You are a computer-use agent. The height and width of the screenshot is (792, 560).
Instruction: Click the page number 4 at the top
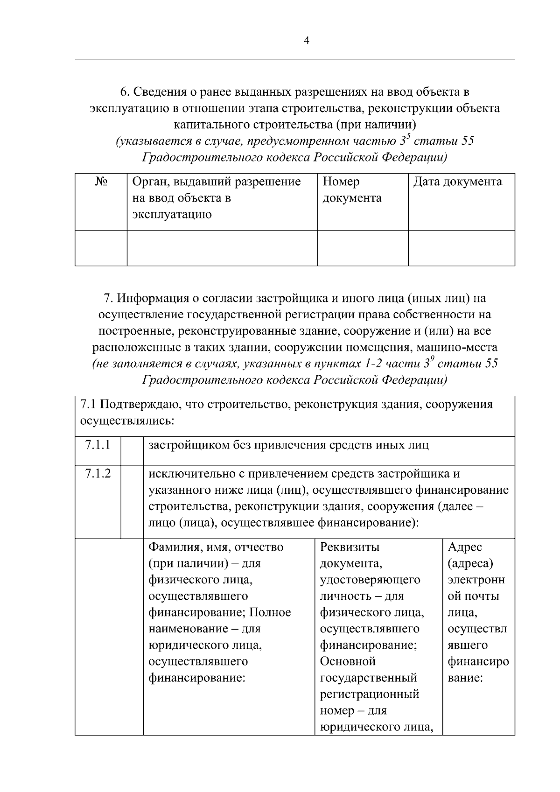click(306, 41)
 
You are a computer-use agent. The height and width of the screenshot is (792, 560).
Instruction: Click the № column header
click(101, 182)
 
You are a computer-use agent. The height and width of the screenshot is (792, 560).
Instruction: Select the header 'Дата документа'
click(457, 182)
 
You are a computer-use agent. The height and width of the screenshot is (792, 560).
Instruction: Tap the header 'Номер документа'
click(352, 189)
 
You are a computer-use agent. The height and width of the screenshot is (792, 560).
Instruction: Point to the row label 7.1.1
click(98, 445)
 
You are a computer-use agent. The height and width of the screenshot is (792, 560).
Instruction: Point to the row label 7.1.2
click(98, 474)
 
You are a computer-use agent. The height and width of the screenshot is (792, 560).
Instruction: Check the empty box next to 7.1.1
click(132, 450)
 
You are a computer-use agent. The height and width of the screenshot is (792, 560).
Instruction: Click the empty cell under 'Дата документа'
click(462, 248)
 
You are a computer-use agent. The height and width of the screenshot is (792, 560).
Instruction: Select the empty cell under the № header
click(101, 248)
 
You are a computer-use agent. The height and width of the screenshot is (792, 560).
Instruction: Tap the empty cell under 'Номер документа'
click(363, 248)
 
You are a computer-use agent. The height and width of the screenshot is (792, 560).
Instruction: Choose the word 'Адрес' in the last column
click(465, 547)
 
